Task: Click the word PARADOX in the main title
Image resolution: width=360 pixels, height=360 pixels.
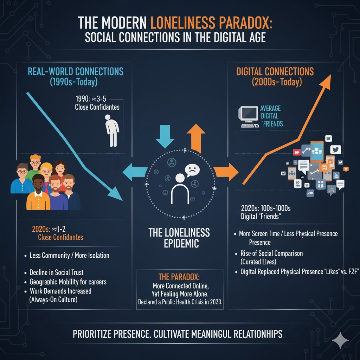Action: tap(243, 23)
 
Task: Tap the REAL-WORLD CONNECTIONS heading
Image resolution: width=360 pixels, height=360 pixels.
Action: tap(76, 72)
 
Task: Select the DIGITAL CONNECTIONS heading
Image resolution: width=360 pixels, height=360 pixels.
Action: tap(275, 72)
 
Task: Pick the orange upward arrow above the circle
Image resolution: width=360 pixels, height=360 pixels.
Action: tap(195, 136)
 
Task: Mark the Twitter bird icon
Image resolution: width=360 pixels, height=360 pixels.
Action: tap(336, 150)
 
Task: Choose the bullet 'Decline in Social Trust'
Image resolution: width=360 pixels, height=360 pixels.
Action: tap(57, 272)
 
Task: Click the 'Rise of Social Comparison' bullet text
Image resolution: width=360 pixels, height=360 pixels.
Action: tap(271, 253)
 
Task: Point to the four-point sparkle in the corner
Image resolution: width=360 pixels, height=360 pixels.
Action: tap(340, 340)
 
